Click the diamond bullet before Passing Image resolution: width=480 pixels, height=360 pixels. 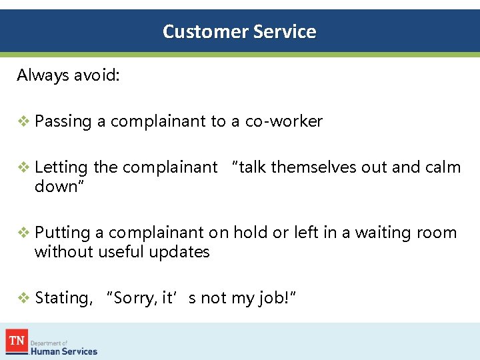[23, 121]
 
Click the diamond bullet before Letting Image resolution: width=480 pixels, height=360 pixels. [23, 167]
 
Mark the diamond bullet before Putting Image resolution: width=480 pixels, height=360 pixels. [23, 233]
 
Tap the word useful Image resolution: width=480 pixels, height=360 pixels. [122, 251]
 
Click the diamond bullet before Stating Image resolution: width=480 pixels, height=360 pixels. [23, 298]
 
